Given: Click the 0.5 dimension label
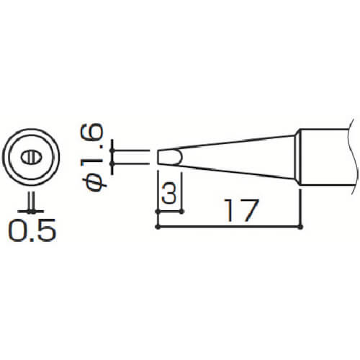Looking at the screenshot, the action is coord(32,230).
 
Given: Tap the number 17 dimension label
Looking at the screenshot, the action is coord(241,210).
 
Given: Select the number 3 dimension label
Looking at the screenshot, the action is coord(169,192).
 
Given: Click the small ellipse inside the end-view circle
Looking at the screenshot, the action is coord(31,158).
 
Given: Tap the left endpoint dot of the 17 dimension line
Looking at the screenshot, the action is coord(158,227).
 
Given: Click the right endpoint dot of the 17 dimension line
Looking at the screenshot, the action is coord(300,227).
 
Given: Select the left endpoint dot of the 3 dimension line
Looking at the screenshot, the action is coord(158,212).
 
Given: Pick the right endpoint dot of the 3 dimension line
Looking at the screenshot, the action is coord(181,212).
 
